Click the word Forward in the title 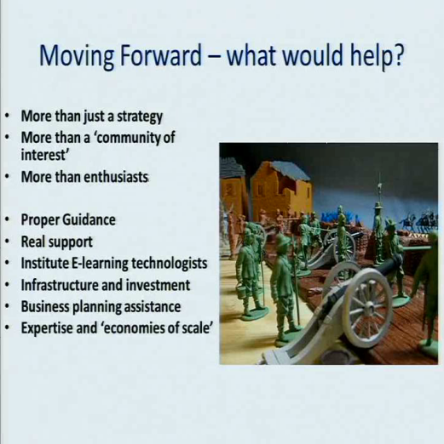click(161, 55)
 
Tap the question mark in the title click(398, 54)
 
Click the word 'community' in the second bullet click(126, 138)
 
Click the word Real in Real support click(30, 242)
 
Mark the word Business click(45, 306)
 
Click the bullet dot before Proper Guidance click(8, 219)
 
